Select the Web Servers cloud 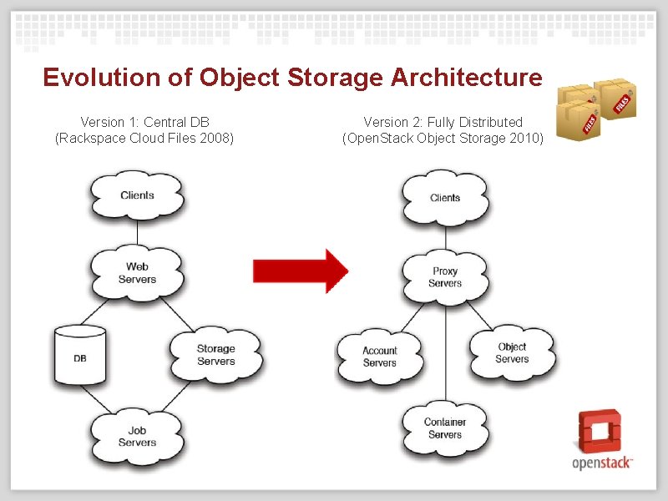[137, 272]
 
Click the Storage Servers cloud [215, 355]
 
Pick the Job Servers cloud [137, 436]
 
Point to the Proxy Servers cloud [445, 276]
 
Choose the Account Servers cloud [380, 357]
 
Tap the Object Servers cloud [512, 352]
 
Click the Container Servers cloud [445, 428]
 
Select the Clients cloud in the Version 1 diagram [137, 195]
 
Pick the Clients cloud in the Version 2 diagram [445, 198]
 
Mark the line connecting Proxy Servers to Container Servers [445, 351]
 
